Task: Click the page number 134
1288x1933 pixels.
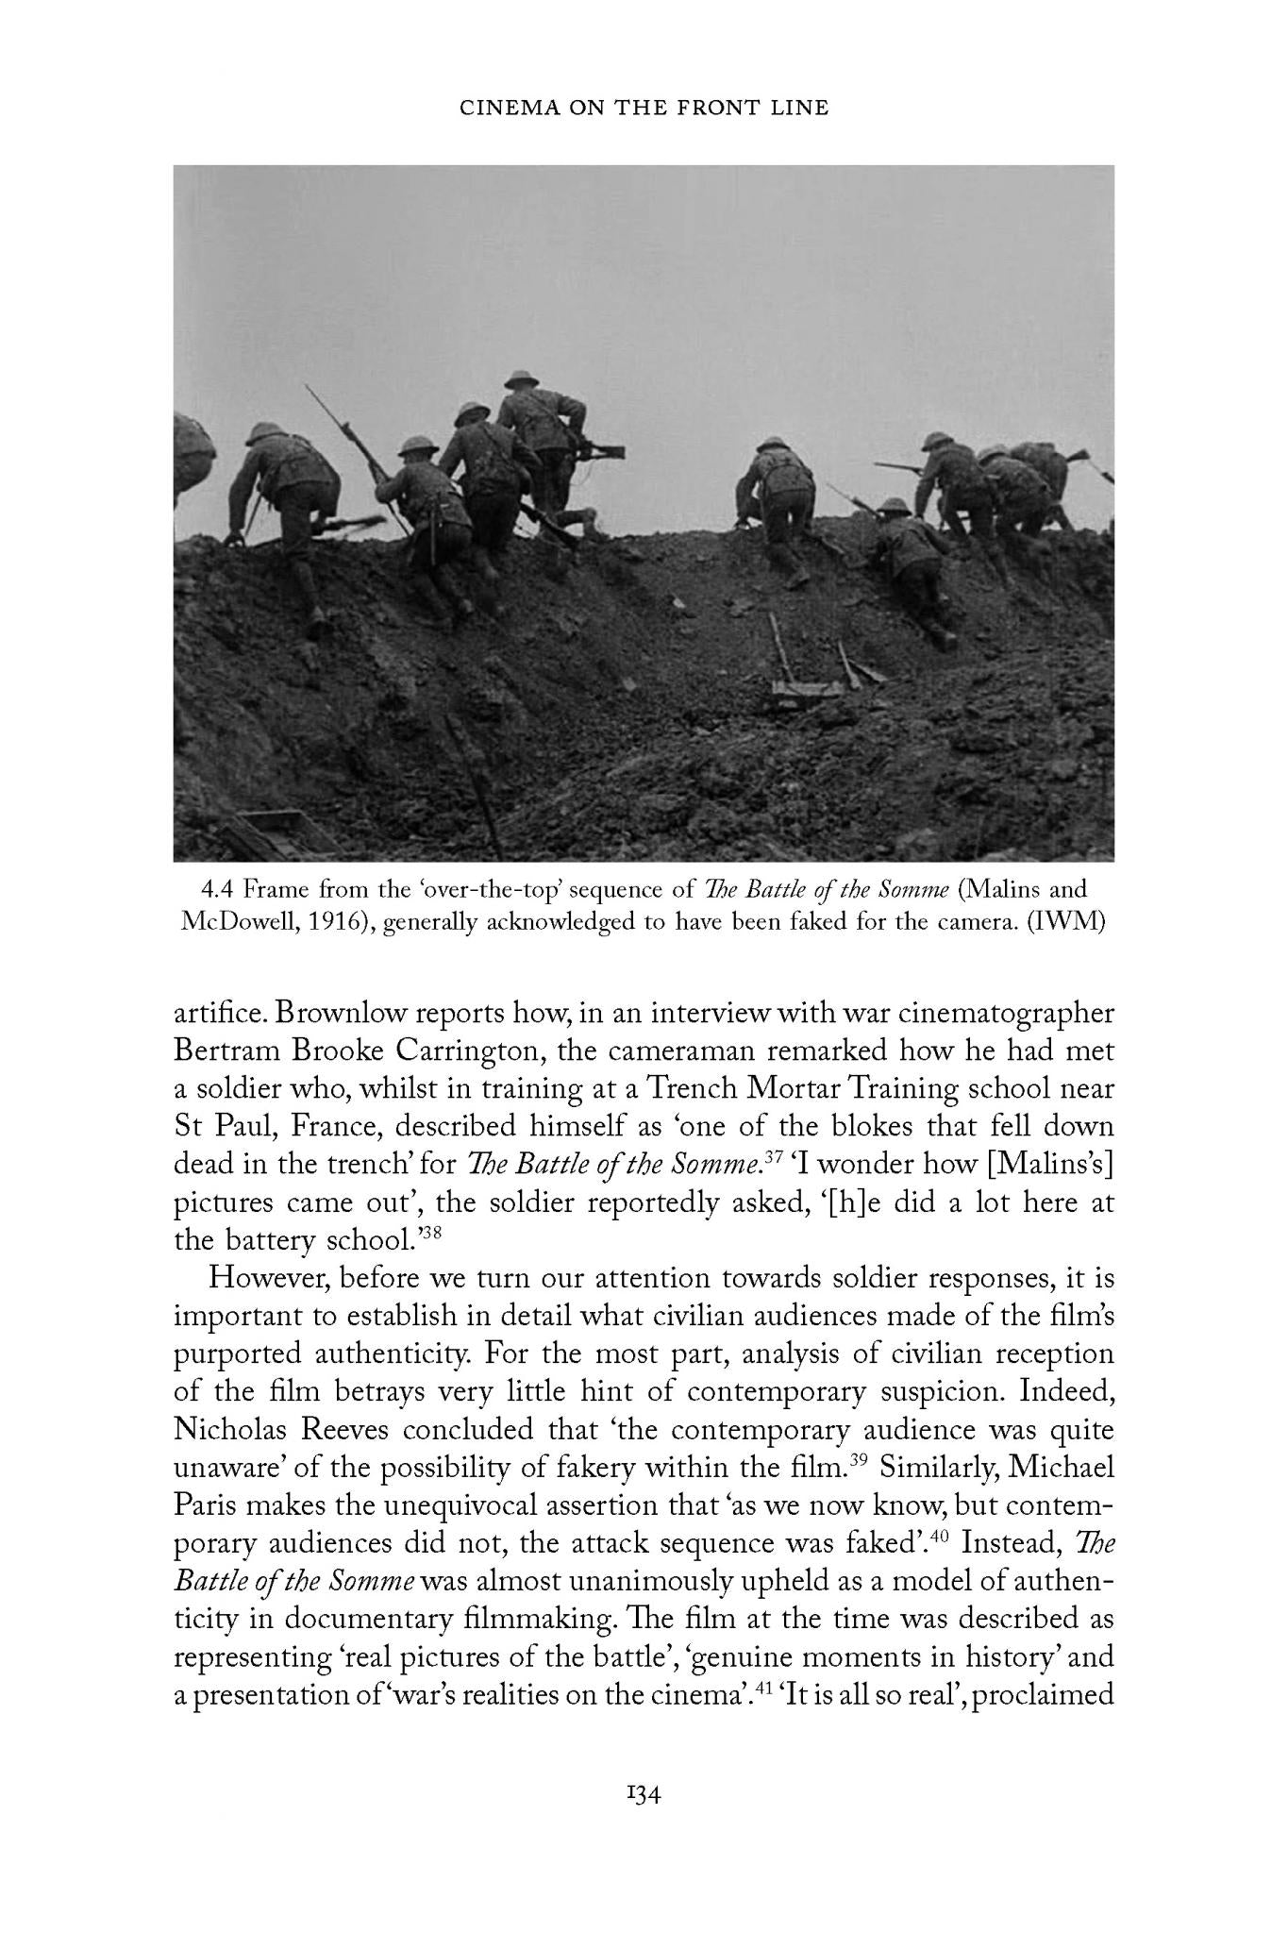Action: pos(644,1795)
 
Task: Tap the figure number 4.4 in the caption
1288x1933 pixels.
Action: pos(218,889)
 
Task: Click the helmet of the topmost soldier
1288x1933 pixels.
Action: pos(520,378)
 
